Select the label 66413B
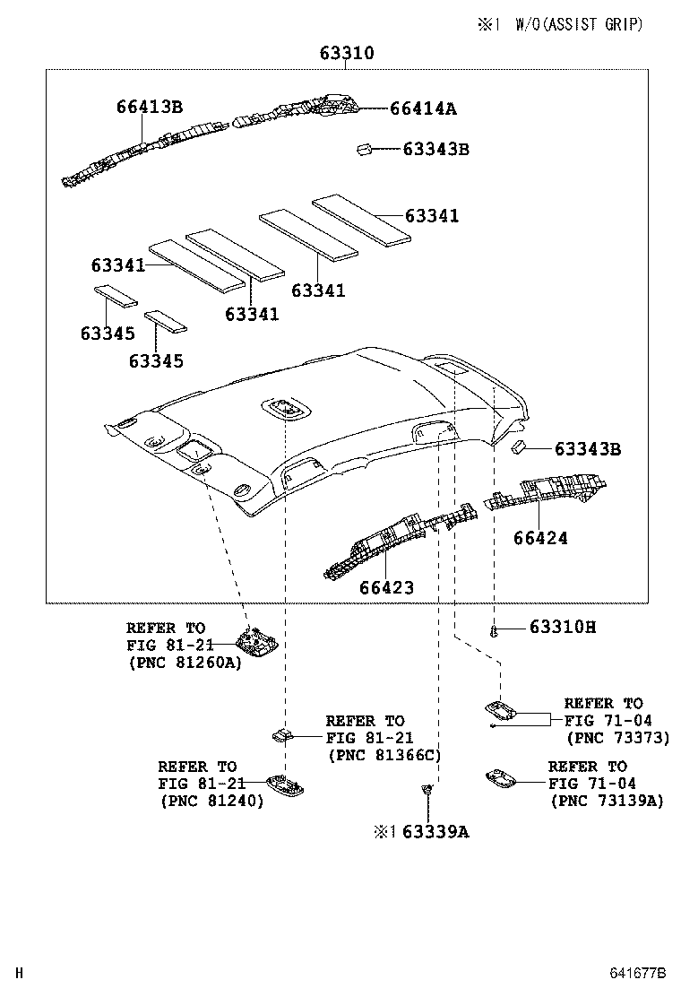coord(149,107)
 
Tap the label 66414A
coord(423,108)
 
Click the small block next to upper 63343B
coord(365,149)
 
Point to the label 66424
coord(540,538)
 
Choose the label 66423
coord(386,587)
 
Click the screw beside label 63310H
coord(495,631)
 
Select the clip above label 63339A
coord(427,790)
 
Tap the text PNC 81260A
coord(185,663)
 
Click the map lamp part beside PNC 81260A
coord(254,640)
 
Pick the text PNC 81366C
coord(385,755)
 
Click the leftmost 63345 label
coord(108,334)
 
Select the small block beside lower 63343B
coord(519,447)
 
